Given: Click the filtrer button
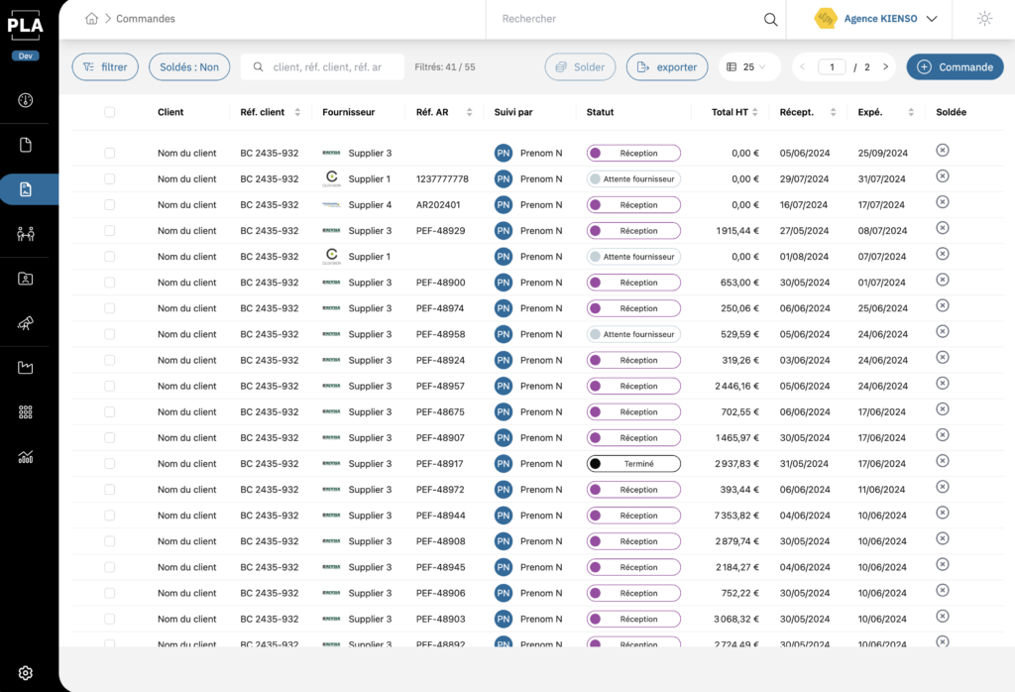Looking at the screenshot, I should coord(105,67).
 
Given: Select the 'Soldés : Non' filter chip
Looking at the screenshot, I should coord(189,67).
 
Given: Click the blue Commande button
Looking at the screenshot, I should coord(955,67).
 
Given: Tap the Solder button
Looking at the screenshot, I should coord(580,67).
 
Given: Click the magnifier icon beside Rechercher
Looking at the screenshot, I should coord(770,19).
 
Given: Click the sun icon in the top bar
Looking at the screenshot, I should coord(983,19).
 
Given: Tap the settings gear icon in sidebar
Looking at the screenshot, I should coord(26,672).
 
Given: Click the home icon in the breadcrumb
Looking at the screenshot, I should coord(91,19).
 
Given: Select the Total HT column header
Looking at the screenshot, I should coord(730,112).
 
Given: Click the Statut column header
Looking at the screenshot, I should coord(601,112).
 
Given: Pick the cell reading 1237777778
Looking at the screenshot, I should coord(442,179).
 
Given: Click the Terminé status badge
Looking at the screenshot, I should coord(633,464).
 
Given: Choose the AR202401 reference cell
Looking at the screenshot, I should coord(438,205).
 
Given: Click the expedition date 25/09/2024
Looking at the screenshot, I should coord(881,154).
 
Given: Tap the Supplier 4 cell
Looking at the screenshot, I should coord(369,205).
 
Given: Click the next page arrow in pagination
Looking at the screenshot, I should coord(884,67).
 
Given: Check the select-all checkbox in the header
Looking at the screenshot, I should coord(109,112).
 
